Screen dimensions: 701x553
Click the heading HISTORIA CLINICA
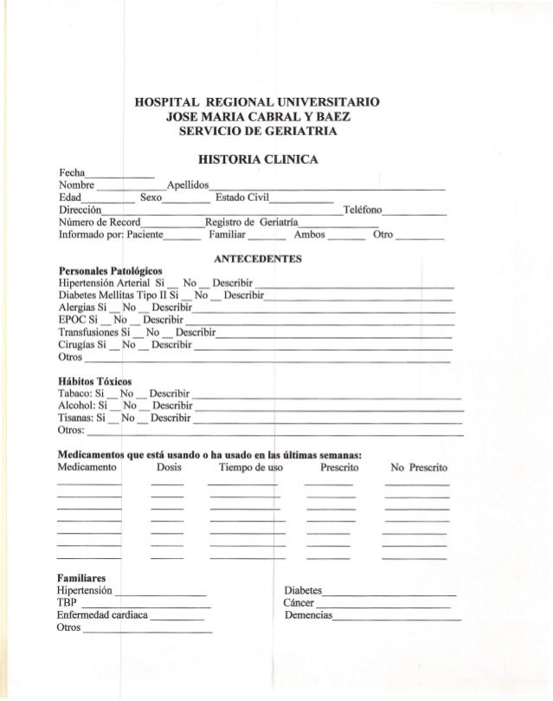(258, 159)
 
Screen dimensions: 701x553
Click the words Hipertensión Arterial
(104, 283)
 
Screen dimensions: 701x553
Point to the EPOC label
(73, 320)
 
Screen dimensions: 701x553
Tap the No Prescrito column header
(418, 468)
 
